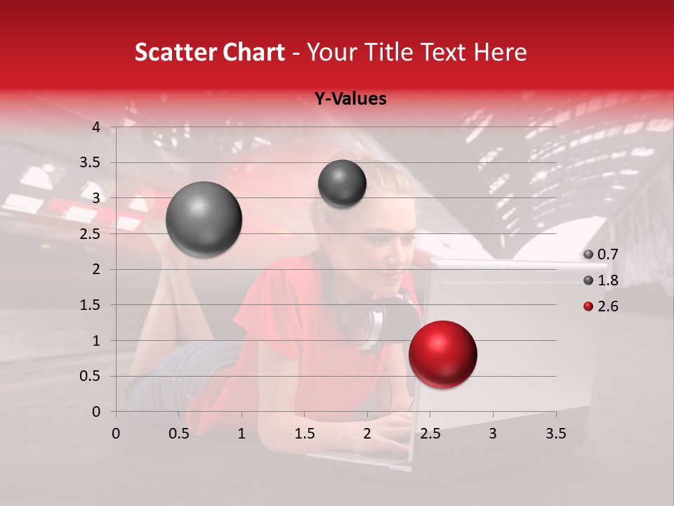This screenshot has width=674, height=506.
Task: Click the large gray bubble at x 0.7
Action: [x=204, y=219]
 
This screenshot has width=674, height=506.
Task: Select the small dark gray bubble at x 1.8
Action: [x=342, y=183]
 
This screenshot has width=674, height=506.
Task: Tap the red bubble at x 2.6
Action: [x=443, y=354]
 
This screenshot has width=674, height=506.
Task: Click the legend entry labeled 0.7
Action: [x=600, y=254]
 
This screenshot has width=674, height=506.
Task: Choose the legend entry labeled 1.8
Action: [x=600, y=280]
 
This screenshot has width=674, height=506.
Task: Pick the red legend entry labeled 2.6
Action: [x=600, y=306]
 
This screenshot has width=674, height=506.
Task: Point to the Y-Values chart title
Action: [x=350, y=99]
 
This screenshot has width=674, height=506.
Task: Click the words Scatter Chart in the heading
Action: [x=209, y=52]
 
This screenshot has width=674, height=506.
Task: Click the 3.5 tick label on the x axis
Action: [x=556, y=434]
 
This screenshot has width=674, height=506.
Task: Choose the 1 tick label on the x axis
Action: [x=242, y=434]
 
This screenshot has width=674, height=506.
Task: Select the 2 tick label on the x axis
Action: [x=367, y=434]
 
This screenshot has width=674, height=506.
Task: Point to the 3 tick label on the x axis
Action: [x=493, y=434]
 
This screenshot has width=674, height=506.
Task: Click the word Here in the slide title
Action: [x=500, y=52]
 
